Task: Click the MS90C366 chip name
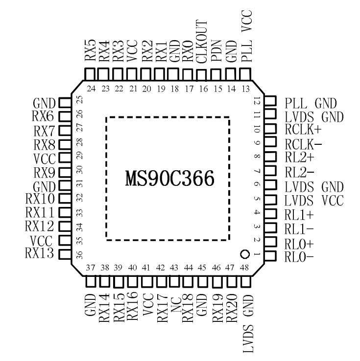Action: pos(168,178)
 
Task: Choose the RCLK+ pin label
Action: pos(303,130)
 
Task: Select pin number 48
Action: pos(246,268)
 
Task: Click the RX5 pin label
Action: pos(90,50)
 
